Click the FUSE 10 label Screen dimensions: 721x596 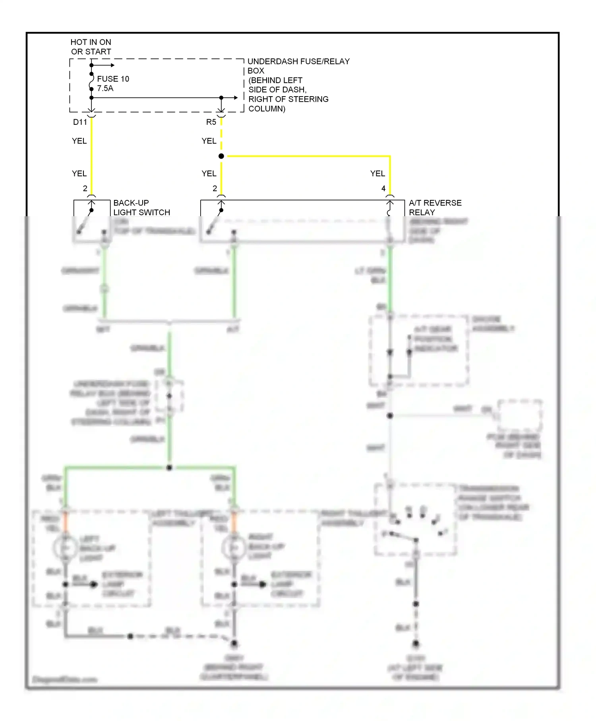point(113,79)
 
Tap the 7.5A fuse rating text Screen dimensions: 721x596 point(105,88)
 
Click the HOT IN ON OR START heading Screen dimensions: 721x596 point(91,47)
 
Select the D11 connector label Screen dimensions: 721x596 point(80,122)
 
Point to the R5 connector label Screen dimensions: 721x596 point(211,122)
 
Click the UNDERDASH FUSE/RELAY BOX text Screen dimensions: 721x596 point(298,66)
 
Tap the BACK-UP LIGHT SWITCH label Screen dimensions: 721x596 point(141,207)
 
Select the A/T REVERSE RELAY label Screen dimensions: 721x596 point(435,207)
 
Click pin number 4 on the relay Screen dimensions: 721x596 point(383,188)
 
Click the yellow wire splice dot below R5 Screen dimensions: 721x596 point(221,156)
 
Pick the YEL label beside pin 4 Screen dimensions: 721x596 point(377,173)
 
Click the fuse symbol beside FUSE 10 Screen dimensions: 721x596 point(91,81)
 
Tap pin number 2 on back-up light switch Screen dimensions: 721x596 point(85,188)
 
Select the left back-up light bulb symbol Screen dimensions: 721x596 point(65,548)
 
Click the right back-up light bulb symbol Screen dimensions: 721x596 point(234,548)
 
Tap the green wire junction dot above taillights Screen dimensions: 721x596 point(169,467)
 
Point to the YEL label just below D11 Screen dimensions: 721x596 point(79,141)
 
